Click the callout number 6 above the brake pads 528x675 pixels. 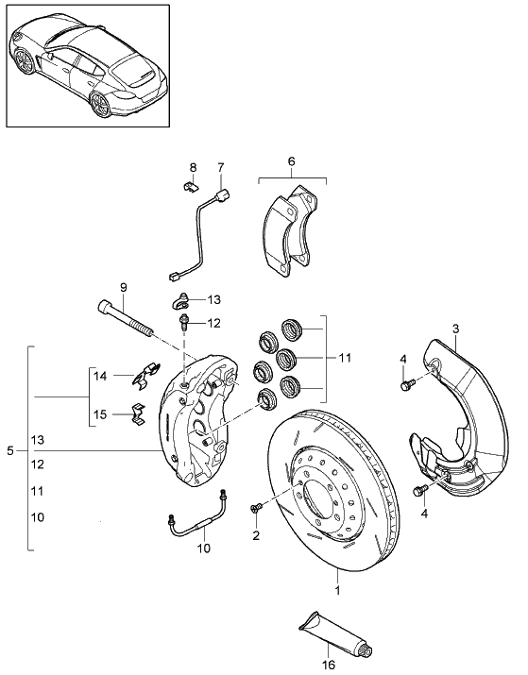pyautogui.click(x=291, y=161)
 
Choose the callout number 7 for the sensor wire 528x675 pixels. pyautogui.click(x=221, y=168)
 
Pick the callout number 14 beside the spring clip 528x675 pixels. pyautogui.click(x=98, y=376)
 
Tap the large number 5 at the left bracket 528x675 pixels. pyautogui.click(x=10, y=452)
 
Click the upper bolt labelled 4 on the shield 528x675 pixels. pyautogui.click(x=407, y=384)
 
